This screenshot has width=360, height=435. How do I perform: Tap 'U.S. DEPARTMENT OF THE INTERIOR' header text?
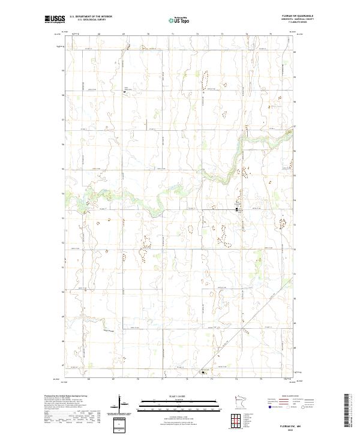[91, 17]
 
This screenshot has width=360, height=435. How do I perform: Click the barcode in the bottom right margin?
[346, 409]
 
